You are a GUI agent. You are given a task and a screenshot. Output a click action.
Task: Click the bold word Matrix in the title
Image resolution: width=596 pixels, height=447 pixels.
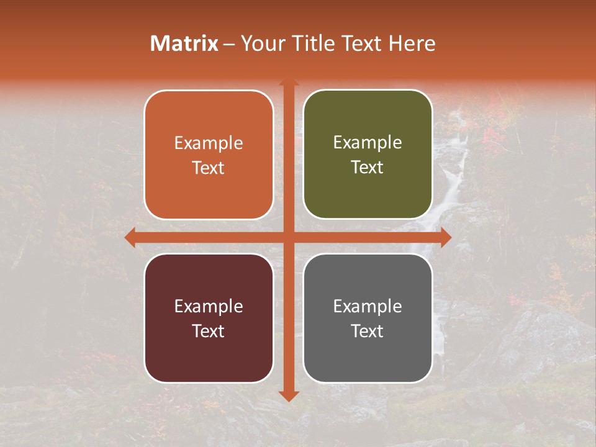tap(184, 43)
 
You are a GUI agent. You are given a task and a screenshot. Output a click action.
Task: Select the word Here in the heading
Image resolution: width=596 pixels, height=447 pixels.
tap(412, 43)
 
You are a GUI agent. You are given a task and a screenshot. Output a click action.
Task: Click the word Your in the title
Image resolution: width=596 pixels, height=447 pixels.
tap(260, 43)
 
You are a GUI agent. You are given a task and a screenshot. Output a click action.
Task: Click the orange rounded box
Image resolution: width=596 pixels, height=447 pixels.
tap(209, 155)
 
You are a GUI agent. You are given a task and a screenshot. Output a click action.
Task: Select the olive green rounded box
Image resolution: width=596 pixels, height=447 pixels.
tap(368, 155)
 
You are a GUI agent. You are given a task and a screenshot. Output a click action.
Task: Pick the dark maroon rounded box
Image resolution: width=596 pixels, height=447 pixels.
tap(209, 318)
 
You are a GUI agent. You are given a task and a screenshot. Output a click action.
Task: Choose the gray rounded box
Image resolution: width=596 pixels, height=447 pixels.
tap(368, 318)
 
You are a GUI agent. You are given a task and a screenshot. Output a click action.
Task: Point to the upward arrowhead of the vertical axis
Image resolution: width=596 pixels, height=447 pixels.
tap(288, 83)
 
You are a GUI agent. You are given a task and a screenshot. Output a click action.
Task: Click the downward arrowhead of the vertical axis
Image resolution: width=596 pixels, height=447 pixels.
tap(288, 396)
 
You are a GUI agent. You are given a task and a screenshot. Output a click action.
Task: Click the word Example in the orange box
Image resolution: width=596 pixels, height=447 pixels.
tap(209, 143)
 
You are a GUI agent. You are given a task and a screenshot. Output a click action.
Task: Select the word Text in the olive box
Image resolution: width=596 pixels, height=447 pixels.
tap(368, 167)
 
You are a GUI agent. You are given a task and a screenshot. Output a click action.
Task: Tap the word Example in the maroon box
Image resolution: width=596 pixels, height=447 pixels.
tap(209, 306)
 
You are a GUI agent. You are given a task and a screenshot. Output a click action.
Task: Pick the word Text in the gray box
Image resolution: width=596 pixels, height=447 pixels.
tap(368, 331)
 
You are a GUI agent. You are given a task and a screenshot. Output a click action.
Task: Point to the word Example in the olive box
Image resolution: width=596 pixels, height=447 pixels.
tap(368, 142)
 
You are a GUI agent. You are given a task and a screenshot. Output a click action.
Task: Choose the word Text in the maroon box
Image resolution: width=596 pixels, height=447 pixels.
tap(209, 331)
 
